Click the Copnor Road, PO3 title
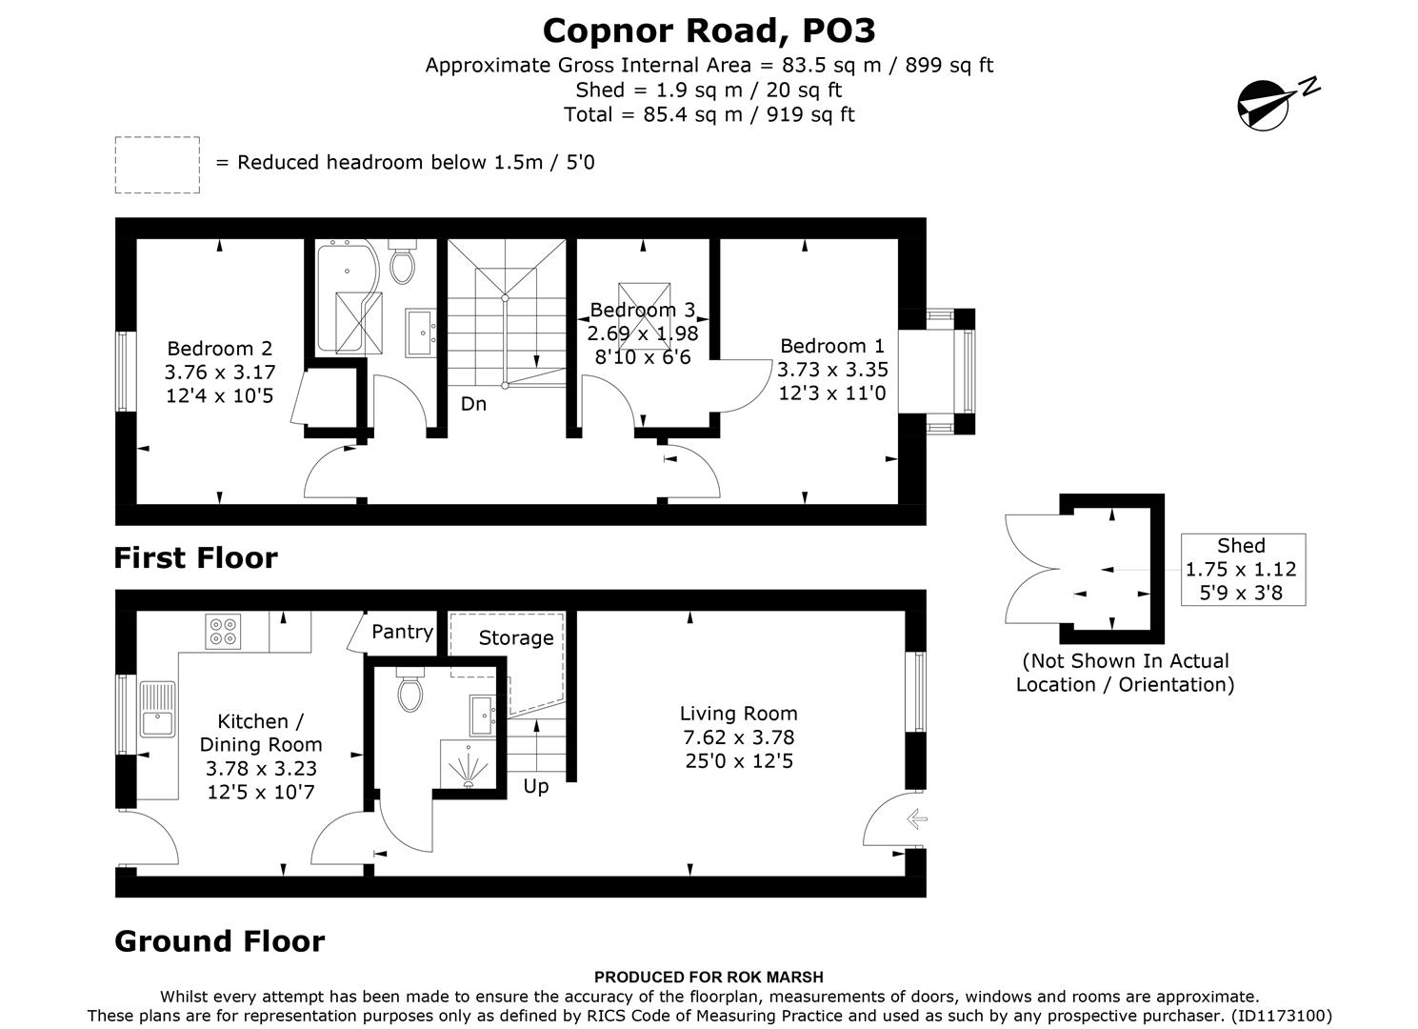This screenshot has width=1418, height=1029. (709, 31)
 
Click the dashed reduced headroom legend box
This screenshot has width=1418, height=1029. (158, 165)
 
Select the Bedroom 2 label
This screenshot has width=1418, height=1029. (220, 349)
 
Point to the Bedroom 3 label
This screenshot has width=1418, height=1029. (643, 310)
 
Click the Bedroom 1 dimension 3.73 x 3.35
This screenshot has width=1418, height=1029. (832, 369)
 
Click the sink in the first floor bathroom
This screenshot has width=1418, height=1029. (420, 333)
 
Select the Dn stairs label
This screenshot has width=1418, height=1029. (473, 404)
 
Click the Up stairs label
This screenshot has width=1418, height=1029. (535, 786)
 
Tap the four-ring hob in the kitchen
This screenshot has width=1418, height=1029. (223, 631)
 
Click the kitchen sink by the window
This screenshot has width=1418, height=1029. (157, 709)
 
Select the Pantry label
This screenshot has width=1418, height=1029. (402, 632)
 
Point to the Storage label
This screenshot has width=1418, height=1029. (516, 638)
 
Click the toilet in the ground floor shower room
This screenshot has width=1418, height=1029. (410, 690)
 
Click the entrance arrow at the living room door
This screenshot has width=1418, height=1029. (917, 819)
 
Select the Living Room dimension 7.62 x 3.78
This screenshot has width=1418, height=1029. (739, 737)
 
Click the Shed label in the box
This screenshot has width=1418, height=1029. (1242, 546)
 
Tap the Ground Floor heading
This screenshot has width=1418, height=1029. (220, 941)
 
